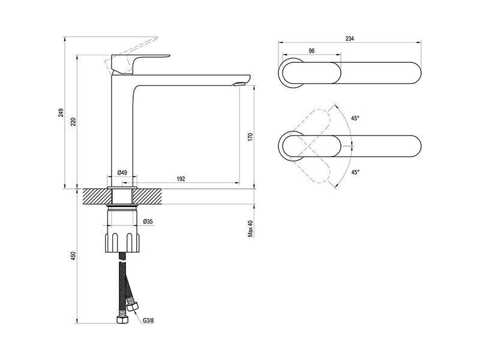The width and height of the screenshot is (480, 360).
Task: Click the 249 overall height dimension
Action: click(x=62, y=113)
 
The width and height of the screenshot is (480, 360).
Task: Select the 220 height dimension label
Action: click(x=73, y=122)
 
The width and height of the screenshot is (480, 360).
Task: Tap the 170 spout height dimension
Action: click(x=251, y=137)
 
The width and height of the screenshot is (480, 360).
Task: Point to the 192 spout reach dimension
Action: click(x=181, y=179)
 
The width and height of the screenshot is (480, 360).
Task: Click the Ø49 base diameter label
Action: click(x=122, y=172)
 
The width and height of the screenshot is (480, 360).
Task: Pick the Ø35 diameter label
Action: click(x=148, y=221)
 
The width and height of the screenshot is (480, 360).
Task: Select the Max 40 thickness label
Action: click(x=251, y=229)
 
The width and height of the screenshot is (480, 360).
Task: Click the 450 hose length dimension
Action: click(x=73, y=256)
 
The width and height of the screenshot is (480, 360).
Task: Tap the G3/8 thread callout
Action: click(x=148, y=320)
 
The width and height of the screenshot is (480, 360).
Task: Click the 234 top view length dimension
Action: click(x=350, y=38)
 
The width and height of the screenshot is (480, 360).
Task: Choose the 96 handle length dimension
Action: click(x=311, y=51)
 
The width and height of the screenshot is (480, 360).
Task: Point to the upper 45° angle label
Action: click(x=355, y=118)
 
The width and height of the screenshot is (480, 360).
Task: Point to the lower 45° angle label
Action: click(x=355, y=172)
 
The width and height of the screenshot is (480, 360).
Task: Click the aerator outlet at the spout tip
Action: click(x=240, y=83)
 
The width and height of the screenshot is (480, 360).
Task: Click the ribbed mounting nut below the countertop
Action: click(x=123, y=243)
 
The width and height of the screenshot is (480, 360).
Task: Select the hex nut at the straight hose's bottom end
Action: click(x=122, y=319)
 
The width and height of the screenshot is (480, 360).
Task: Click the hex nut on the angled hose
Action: click(x=133, y=306)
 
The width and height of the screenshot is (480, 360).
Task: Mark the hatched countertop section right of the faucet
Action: click(x=148, y=196)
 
